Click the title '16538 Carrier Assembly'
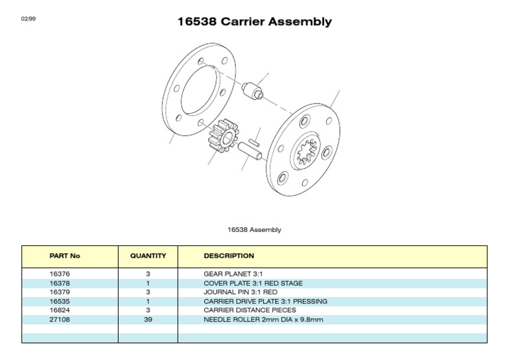coord(254,21)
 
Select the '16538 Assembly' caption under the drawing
coord(254,229)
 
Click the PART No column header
coord(65,256)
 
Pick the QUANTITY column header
coord(148,256)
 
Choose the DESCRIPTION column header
coord(229,256)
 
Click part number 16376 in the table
coord(60,274)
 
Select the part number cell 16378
coord(60,283)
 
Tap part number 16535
coord(60,301)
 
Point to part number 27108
coord(60,319)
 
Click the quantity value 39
coord(148,319)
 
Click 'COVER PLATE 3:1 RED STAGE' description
coord(253,283)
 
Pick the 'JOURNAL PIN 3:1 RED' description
coord(241,292)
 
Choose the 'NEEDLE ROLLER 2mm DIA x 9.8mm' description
coord(263,319)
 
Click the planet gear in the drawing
coord(224,137)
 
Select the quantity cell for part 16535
coord(148,301)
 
